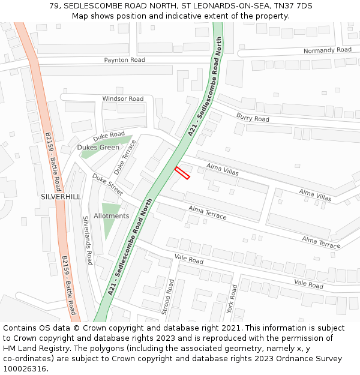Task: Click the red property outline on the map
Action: click(x=182, y=173)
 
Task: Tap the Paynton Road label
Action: click(x=125, y=60)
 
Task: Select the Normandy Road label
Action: click(x=327, y=50)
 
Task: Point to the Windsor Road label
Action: click(x=123, y=98)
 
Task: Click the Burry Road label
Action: click(x=253, y=118)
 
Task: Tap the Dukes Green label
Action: click(x=98, y=147)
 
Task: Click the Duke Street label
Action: click(x=107, y=185)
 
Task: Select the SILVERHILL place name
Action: click(x=61, y=197)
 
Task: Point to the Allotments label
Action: click(x=111, y=215)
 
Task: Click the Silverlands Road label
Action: click(x=88, y=241)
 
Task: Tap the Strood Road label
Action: click(x=170, y=296)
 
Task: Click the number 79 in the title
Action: click(x=54, y=5)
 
